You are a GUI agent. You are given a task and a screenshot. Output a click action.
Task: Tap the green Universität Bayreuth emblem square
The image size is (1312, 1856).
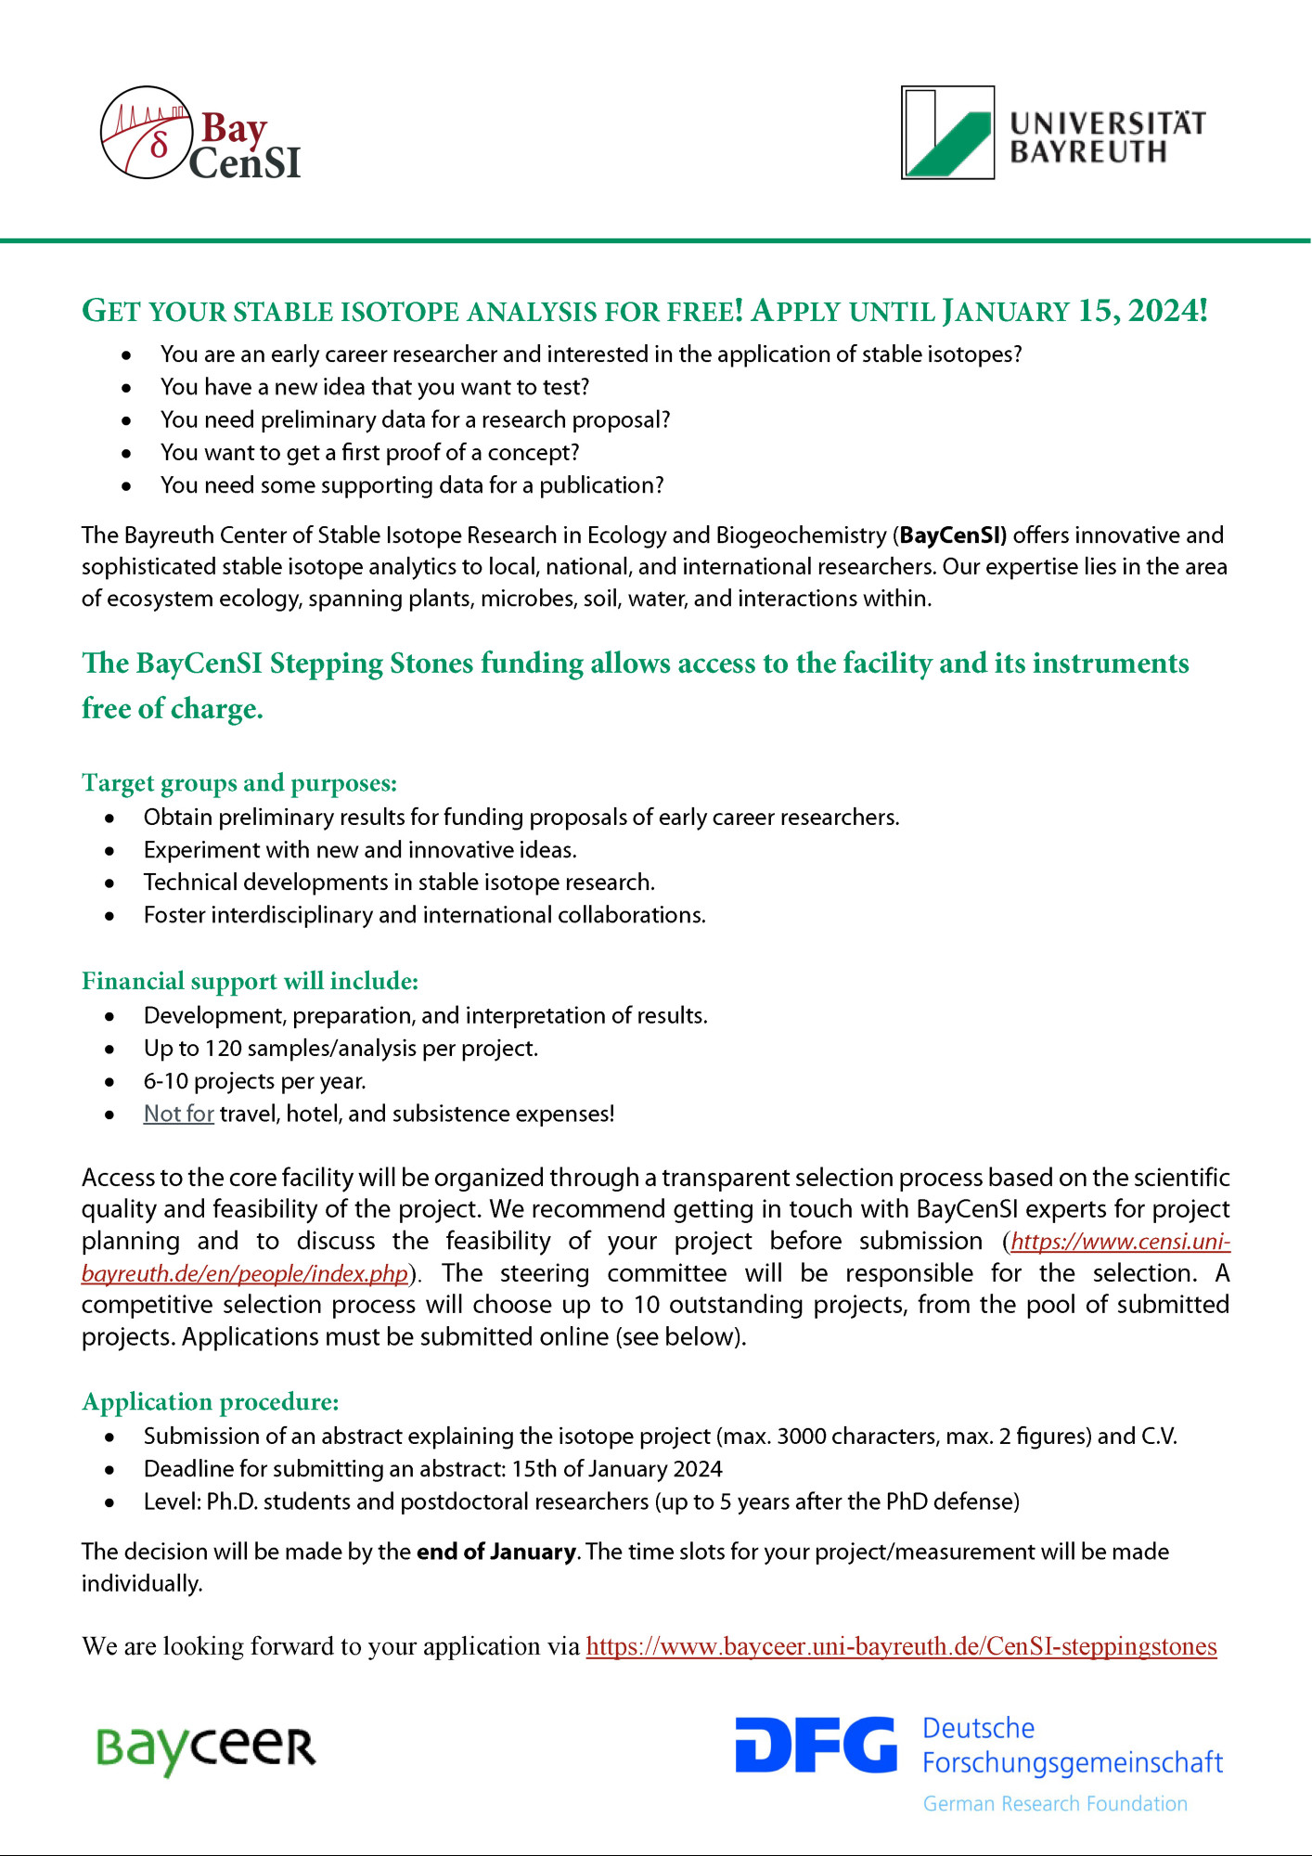click(947, 133)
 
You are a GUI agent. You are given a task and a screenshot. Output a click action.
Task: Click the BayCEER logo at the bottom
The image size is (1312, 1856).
click(206, 1748)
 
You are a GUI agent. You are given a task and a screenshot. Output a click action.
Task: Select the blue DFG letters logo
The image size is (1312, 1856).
click(816, 1745)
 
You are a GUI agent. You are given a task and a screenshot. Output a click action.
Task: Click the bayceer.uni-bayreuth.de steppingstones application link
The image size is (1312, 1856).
click(901, 1646)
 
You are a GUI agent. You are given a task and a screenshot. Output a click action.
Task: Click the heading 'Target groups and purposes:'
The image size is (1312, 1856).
click(239, 783)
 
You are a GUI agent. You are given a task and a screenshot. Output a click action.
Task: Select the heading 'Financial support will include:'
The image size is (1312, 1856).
click(251, 981)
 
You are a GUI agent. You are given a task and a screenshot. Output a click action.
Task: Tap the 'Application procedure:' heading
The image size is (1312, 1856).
click(211, 1401)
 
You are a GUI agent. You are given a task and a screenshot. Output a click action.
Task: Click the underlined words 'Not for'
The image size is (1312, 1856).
click(179, 1114)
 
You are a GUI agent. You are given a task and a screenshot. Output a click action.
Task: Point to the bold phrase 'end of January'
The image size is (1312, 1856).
click(496, 1552)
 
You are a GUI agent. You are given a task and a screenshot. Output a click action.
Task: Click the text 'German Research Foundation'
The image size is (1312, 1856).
click(1055, 1804)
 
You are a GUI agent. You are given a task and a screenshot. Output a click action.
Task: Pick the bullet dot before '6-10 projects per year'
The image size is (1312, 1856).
click(109, 1082)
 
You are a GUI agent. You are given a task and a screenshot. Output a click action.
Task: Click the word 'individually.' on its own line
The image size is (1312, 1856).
click(142, 1584)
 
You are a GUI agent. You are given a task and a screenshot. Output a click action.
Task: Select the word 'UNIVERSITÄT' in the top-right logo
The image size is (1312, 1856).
click(1107, 123)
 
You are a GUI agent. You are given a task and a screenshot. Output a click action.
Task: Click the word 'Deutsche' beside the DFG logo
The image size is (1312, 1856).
click(978, 1729)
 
